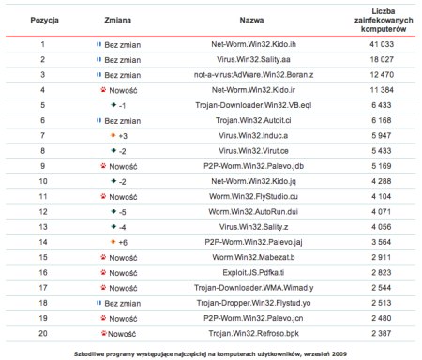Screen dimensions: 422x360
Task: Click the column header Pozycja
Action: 42,18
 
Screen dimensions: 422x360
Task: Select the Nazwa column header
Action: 251,18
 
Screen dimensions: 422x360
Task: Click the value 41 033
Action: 382,44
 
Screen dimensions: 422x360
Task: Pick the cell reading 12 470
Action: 382,74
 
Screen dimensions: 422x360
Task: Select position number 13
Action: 42,226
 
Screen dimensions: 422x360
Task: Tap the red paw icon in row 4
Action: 100,90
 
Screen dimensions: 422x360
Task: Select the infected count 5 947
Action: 382,135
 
